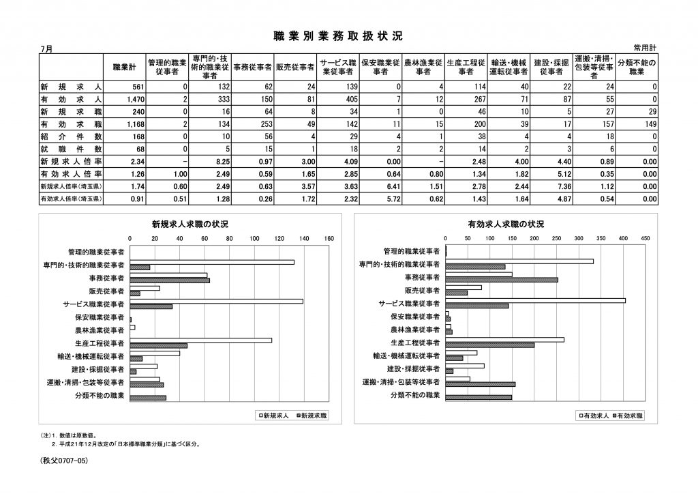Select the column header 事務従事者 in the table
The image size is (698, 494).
coord(253,68)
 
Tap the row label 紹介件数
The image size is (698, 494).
coord(71,136)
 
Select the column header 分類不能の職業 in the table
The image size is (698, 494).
coord(637,67)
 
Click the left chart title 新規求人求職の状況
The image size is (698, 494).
coord(190,224)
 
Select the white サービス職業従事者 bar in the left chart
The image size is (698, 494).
coord(217,301)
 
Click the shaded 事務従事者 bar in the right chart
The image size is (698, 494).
coord(502,280)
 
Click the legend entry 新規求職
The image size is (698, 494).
coord(311,415)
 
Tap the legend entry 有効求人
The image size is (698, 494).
coord(591,415)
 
